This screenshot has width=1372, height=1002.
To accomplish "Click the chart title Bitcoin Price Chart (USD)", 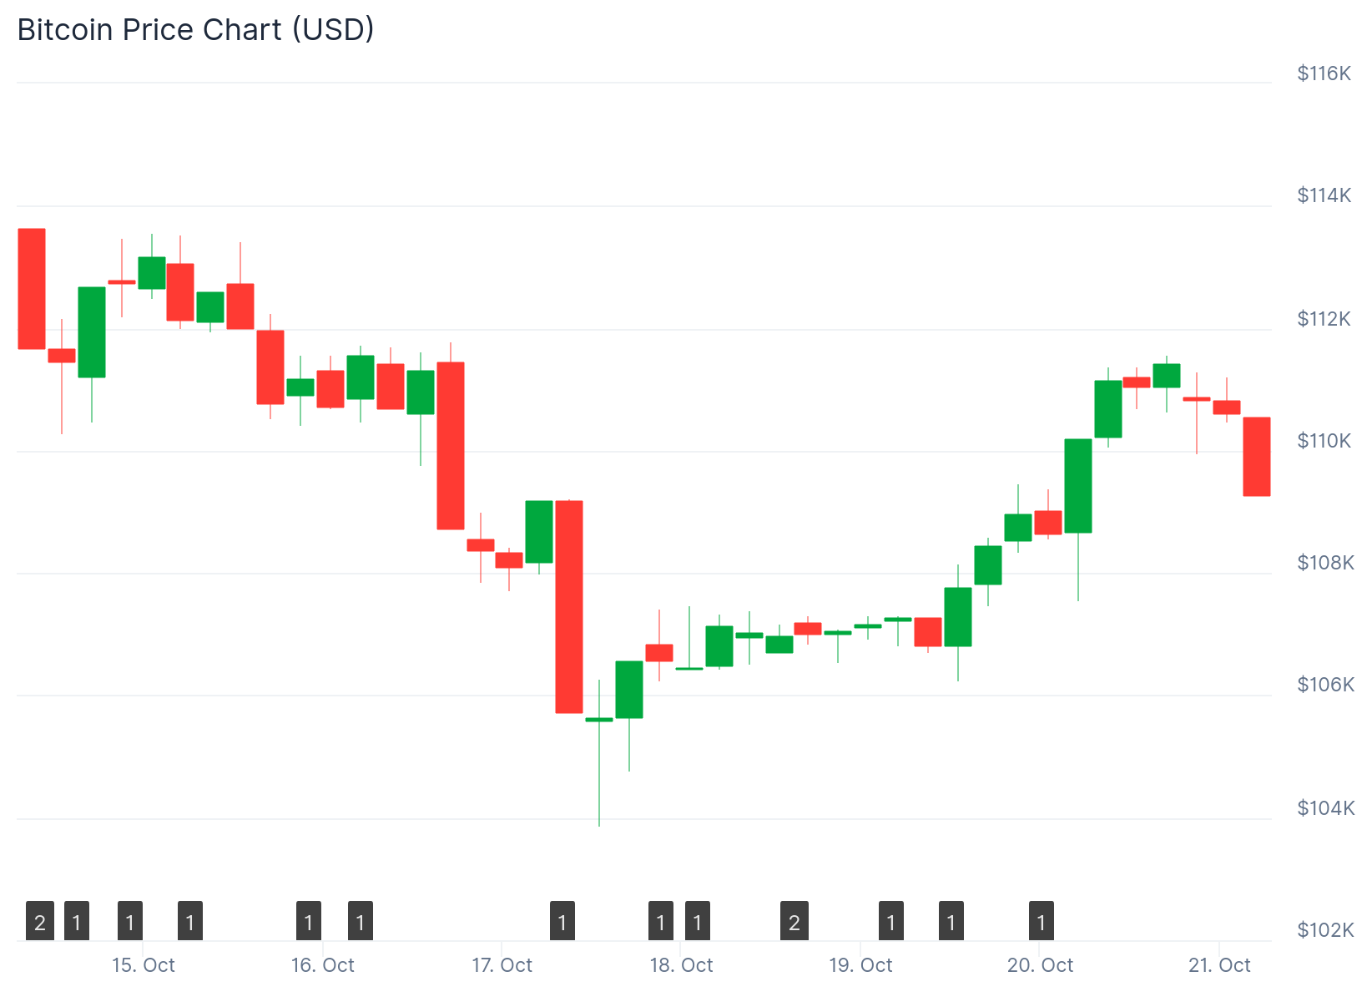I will (195, 30).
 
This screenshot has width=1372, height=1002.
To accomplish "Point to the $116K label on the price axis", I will (1324, 73).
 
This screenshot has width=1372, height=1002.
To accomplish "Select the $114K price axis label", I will (1324, 195).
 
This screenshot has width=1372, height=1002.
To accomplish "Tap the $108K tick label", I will (1324, 563).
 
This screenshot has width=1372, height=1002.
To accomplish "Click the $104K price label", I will (1324, 808).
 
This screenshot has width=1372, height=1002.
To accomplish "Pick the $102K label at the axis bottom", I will (1324, 930).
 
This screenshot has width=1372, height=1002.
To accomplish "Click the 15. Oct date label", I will (144, 965).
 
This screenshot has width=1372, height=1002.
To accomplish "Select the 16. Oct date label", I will (323, 965).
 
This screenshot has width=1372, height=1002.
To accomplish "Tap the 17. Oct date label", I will (502, 965).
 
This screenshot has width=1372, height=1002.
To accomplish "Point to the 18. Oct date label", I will (682, 965).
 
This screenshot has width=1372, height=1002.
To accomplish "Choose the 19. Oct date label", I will (860, 965).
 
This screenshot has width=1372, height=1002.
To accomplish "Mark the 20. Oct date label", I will (1040, 965).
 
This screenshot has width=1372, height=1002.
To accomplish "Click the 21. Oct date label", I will (1219, 965).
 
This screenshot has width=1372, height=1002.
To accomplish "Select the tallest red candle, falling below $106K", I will (569, 606).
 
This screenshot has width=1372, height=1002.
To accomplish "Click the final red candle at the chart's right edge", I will (1257, 457).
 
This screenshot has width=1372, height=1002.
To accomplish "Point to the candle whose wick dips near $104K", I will (599, 720).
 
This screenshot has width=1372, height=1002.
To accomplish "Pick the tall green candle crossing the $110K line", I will (1078, 485).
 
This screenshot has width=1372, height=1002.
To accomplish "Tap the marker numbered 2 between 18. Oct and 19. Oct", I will (794, 921).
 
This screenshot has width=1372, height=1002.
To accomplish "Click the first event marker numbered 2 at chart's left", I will (40, 921).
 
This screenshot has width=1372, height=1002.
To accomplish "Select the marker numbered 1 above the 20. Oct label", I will (1042, 921).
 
